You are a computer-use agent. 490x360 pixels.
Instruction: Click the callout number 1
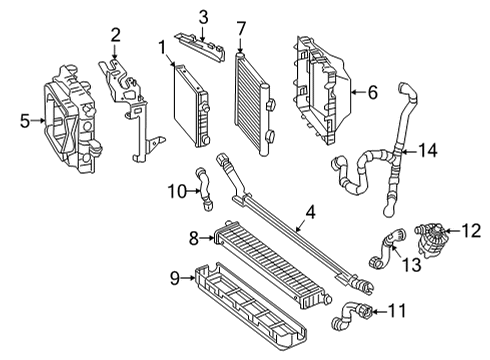tap(162, 48)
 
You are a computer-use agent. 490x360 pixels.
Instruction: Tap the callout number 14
tap(428, 150)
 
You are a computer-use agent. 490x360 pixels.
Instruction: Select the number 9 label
tap(175, 278)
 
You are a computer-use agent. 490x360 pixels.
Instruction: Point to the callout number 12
tap(471, 231)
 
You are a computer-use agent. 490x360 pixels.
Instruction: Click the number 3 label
tap(204, 17)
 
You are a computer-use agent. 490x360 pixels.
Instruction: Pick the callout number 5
tap(25, 121)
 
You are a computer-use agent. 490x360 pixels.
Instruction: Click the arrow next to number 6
tap(359, 92)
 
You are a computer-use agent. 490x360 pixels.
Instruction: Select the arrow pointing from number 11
tap(379, 312)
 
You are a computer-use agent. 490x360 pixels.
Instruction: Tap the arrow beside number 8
tap(207, 238)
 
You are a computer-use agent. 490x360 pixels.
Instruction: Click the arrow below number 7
tap(241, 45)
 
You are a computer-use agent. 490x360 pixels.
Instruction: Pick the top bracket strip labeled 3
tap(200, 46)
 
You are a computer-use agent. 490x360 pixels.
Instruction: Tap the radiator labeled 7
tap(254, 103)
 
